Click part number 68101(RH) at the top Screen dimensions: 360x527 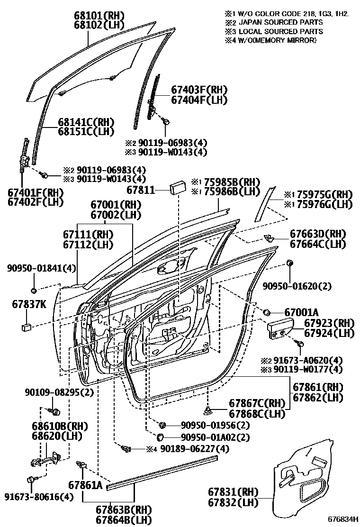click(x=99, y=16)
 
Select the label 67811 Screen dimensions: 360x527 click(x=141, y=190)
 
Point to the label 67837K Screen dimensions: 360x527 click(x=29, y=305)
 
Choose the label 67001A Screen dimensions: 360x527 click(x=302, y=312)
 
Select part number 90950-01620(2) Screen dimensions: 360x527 click(x=297, y=286)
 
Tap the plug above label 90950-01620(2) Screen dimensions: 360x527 click(x=289, y=263)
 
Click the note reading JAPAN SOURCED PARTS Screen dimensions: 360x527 click(x=281, y=23)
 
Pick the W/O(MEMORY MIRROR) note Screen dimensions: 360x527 click(x=278, y=40)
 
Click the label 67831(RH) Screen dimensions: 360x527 click(x=233, y=492)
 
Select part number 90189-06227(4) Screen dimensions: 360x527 click(x=194, y=449)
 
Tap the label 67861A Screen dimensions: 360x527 click(x=85, y=485)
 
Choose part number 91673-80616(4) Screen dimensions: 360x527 click(x=39, y=497)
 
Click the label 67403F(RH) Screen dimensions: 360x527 click(x=199, y=90)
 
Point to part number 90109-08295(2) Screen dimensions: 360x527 click(x=59, y=392)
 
